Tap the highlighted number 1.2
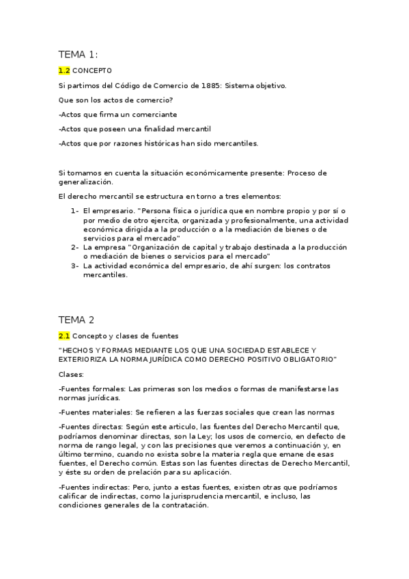(64, 70)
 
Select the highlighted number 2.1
(64, 335)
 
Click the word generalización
(85, 182)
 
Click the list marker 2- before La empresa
(74, 246)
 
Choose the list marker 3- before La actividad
(74, 266)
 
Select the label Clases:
(72, 374)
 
